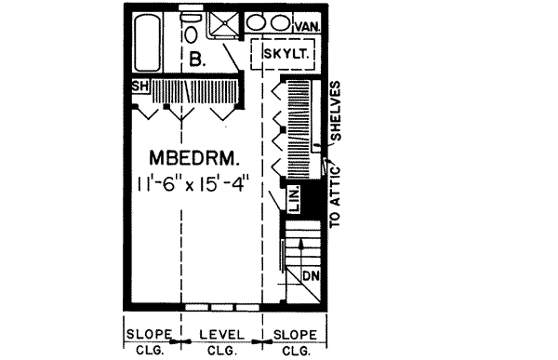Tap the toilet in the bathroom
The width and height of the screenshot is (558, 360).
click(x=191, y=33)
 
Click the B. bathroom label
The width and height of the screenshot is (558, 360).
click(x=195, y=60)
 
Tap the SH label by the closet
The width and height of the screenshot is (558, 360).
click(x=140, y=87)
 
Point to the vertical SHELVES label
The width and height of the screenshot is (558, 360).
click(x=339, y=113)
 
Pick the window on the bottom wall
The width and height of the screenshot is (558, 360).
click(x=219, y=306)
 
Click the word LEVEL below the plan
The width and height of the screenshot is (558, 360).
click(x=220, y=334)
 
